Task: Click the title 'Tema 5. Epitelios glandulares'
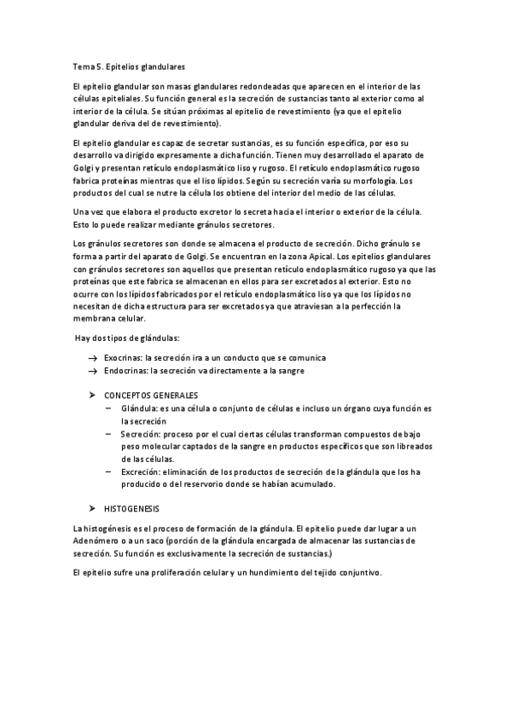tap(129, 66)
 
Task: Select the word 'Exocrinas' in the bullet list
tap(123, 358)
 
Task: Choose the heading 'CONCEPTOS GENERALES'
tap(151, 396)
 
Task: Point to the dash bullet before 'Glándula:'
tap(109, 409)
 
